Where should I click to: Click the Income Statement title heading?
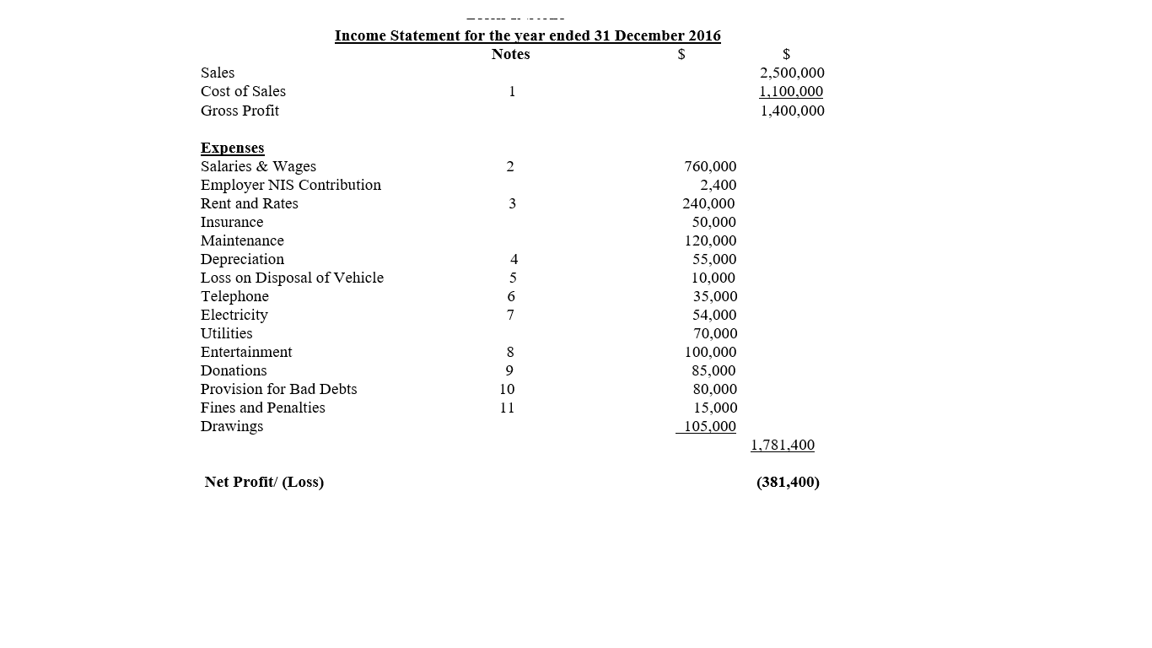[x=527, y=35]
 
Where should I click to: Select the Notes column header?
[x=510, y=54]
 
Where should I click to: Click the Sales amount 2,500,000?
[x=792, y=73]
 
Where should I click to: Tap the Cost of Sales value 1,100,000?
[x=791, y=91]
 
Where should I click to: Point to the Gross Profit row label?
[x=240, y=111]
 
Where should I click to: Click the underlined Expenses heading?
[x=232, y=148]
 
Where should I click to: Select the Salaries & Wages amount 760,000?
[x=710, y=166]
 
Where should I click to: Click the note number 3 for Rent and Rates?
[x=511, y=203]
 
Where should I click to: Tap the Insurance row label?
[x=232, y=222]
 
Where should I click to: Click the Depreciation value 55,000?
[x=714, y=259]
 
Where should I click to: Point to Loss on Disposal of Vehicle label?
[x=292, y=278]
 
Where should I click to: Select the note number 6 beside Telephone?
[x=511, y=296]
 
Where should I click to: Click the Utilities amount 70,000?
[x=715, y=333]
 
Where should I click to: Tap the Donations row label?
[x=234, y=370]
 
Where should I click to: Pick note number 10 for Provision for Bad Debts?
[x=507, y=389]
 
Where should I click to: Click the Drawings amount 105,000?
[x=709, y=426]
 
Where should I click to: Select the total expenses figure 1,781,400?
[x=783, y=445]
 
